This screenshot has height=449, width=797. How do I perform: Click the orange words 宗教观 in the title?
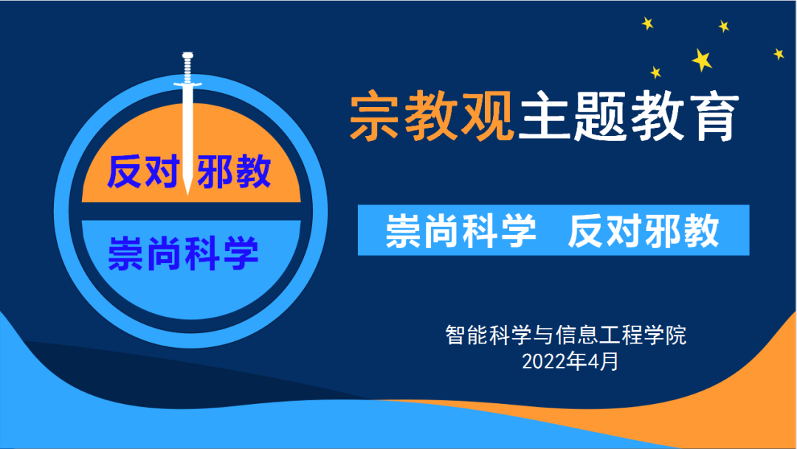pyautogui.click(x=432, y=116)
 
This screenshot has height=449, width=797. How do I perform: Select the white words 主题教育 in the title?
pyautogui.click(x=628, y=116)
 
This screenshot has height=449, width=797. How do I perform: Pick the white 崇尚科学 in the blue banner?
pyautogui.click(x=460, y=231)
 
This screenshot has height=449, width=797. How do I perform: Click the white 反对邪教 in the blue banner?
pyautogui.click(x=643, y=231)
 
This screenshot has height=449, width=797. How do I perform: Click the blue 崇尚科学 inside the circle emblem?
pyautogui.click(x=183, y=253)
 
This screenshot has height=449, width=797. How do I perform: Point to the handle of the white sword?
pyautogui.click(x=187, y=66)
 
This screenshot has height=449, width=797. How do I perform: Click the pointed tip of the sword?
pyautogui.click(x=187, y=194)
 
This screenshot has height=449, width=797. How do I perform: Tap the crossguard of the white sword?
pyautogui.click(x=187, y=84)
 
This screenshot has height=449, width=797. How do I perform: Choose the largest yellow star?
pyautogui.click(x=702, y=60)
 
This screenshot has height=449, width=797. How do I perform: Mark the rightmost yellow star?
pyautogui.click(x=779, y=53)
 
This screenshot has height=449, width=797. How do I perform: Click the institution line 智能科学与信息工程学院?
pyautogui.click(x=566, y=335)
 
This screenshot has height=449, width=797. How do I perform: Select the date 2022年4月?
pyautogui.click(x=570, y=362)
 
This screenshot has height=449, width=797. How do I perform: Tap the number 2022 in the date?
pyautogui.click(x=543, y=362)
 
